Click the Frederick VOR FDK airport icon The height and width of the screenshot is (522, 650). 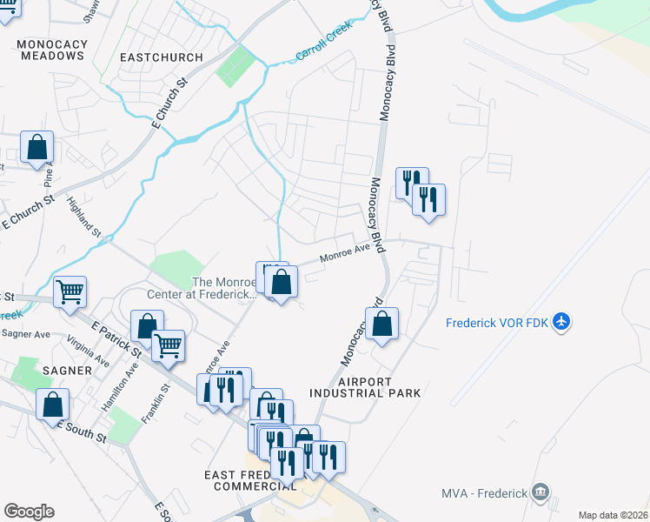pos(561,322)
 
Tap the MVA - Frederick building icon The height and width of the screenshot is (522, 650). pos(542,492)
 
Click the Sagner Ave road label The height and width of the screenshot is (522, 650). pos(26,333)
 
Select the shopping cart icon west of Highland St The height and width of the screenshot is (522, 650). pos(70,292)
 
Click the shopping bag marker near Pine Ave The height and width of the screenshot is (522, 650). pos(36,148)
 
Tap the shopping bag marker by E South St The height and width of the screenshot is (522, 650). pos(53,405)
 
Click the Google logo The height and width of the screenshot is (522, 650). pos(29,512)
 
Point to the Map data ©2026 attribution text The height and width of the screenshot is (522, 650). pos(613,515)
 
